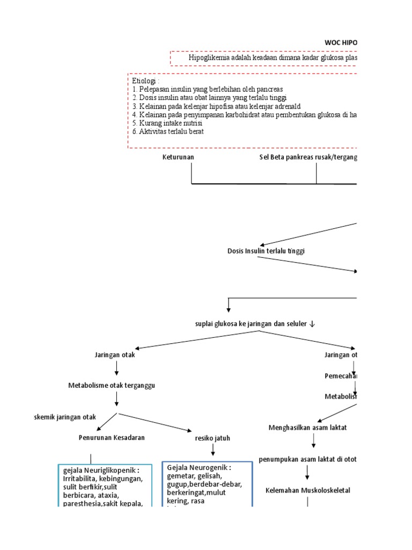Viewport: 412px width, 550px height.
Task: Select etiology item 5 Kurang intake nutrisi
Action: point(167,123)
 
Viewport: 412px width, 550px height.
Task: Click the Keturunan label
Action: point(178,157)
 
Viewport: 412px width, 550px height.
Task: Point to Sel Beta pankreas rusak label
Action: point(308,157)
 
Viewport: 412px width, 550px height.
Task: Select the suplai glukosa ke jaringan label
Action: point(255,323)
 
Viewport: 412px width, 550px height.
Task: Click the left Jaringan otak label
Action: point(114,355)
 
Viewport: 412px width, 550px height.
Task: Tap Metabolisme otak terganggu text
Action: point(114,386)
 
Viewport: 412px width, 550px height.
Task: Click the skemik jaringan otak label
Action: point(64,417)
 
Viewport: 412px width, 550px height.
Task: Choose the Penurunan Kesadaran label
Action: point(112,437)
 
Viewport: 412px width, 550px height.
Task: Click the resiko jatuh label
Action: point(212,438)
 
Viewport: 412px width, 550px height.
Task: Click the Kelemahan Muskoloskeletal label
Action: point(308,490)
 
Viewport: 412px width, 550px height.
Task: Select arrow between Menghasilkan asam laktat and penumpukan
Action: point(313,442)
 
